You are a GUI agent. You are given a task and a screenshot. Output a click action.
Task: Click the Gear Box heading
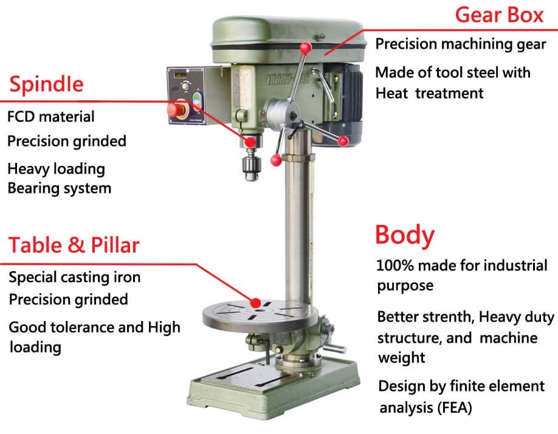(x=499, y=15)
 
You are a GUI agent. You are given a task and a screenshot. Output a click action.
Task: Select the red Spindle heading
(x=46, y=84)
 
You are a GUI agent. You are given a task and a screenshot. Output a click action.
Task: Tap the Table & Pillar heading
(x=74, y=245)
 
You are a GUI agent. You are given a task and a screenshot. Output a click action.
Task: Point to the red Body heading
(x=405, y=235)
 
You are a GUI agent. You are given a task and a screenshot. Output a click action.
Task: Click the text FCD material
(x=51, y=116)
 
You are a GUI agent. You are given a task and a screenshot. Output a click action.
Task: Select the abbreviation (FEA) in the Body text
(x=454, y=407)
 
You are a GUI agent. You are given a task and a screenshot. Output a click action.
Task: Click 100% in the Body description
(x=395, y=266)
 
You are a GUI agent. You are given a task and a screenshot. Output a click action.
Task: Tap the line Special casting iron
(x=75, y=277)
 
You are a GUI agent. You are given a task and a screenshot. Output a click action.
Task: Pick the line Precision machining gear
(x=461, y=44)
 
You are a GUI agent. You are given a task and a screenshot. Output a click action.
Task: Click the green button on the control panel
(x=197, y=101)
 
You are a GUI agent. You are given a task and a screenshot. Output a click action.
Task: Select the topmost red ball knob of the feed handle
(x=305, y=48)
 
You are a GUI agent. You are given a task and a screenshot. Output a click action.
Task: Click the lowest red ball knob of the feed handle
(x=276, y=160)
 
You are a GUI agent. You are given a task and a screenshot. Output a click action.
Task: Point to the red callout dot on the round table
(x=255, y=303)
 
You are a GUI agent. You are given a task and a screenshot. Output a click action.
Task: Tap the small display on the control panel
(x=180, y=75)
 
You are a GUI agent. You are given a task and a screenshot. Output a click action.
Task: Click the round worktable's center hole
(x=259, y=311)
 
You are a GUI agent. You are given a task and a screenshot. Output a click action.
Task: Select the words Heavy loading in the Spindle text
(x=57, y=169)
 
